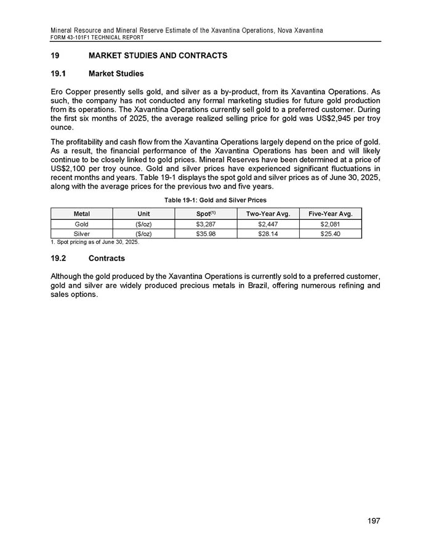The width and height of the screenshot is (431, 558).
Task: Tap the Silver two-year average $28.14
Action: tap(268, 233)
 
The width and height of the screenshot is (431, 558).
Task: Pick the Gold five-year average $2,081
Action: tap(330, 224)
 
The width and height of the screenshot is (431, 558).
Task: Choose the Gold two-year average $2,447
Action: tap(268, 224)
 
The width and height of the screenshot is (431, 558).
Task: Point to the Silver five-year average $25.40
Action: tap(330, 233)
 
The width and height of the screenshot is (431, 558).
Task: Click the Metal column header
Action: tap(81, 214)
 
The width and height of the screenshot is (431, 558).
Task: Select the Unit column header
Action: tap(143, 214)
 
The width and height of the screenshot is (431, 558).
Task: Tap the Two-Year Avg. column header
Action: tap(268, 214)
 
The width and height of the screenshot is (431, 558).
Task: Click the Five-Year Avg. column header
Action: tap(330, 214)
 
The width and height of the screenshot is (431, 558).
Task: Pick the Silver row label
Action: tap(81, 233)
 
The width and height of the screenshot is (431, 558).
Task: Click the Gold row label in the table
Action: tap(81, 224)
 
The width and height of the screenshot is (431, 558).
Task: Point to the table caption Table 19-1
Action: tap(215, 201)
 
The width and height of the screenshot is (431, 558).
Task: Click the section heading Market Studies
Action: tap(116, 74)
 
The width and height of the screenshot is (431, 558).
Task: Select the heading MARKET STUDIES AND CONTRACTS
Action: tap(158, 56)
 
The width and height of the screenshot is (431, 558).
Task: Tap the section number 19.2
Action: tap(60, 257)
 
